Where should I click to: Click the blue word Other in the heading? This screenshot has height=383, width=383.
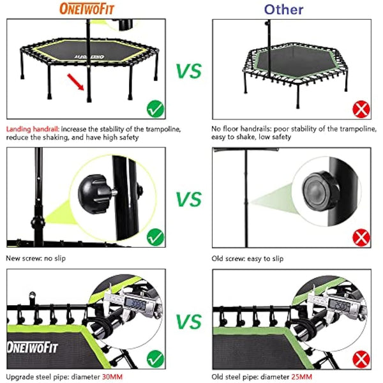coord(283,9)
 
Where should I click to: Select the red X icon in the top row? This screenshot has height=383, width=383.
coord(361,109)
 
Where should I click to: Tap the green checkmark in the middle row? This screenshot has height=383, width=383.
coord(154,237)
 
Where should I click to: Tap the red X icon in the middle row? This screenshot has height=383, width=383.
coord(361,238)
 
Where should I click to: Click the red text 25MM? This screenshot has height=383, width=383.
coord(303,377)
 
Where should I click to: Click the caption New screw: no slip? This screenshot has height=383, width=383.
coord(35,259)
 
